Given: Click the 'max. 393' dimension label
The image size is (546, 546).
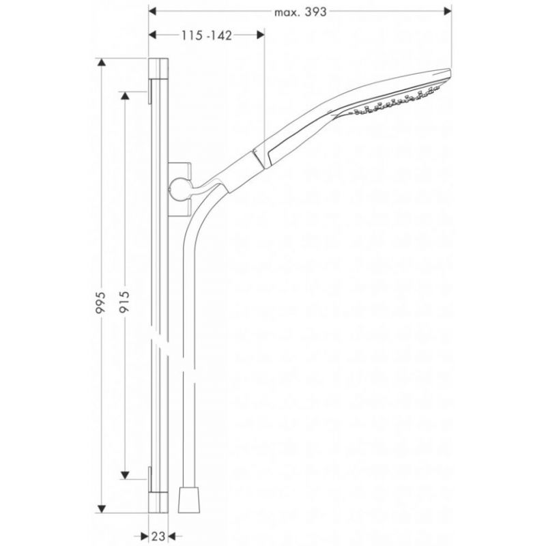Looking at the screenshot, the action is click(300, 12).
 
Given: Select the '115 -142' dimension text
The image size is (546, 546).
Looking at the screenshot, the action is click(206, 35).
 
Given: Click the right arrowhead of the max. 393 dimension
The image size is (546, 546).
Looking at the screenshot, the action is click(448, 12).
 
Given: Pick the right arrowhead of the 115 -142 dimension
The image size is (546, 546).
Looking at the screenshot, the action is click(261, 35).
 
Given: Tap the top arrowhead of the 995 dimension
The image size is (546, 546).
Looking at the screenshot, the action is click(101, 62).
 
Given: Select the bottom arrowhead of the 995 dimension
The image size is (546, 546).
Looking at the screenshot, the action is click(101, 508).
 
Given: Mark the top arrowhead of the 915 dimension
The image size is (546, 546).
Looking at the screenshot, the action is click(125, 96).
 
